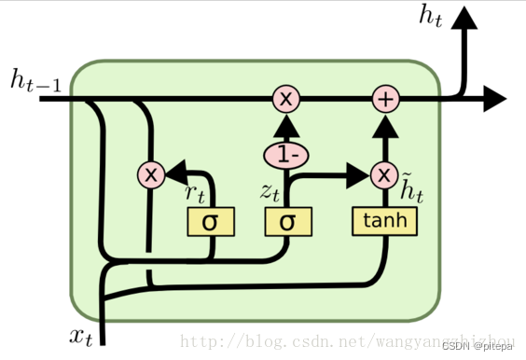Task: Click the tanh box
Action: pyautogui.click(x=384, y=221)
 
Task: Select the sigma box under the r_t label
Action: pyautogui.click(x=211, y=222)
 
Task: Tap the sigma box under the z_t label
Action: pyautogui.click(x=288, y=222)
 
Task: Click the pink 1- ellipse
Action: pyautogui.click(x=286, y=156)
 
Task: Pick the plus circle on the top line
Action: pyautogui.click(x=386, y=99)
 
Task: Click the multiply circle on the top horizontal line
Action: pyautogui.click(x=285, y=99)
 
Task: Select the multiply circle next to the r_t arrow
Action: pyautogui.click(x=151, y=174)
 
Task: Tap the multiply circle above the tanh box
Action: pyautogui.click(x=384, y=174)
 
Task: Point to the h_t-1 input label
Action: pyautogui.click(x=35, y=80)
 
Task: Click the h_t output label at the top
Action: pyautogui.click(x=431, y=17)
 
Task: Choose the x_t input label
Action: pyautogui.click(x=81, y=337)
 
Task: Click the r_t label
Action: pyautogui.click(x=195, y=194)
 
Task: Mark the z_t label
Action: pyautogui.click(x=270, y=192)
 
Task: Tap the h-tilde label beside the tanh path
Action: pyautogui.click(x=412, y=187)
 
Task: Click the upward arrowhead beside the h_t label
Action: pyautogui.click(x=464, y=18)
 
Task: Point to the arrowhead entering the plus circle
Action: pyautogui.click(x=385, y=127)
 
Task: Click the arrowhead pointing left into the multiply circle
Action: pyautogui.click(x=176, y=173)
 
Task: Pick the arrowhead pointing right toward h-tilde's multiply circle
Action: pyautogui.click(x=358, y=175)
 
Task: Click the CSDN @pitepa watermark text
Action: pyautogui.click(x=478, y=346)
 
